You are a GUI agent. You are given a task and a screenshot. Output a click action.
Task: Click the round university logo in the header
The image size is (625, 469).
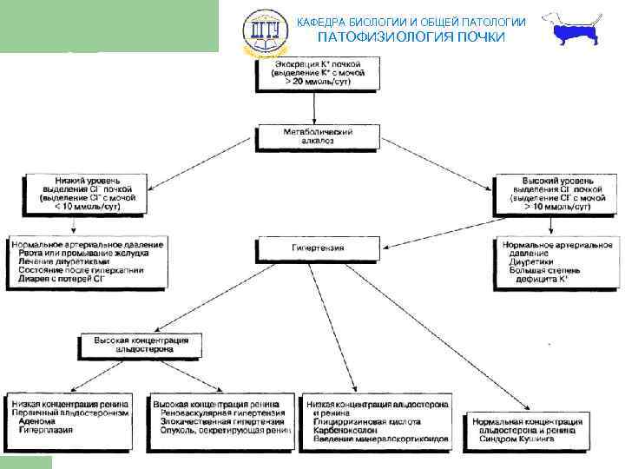pyautogui.click(x=261, y=31)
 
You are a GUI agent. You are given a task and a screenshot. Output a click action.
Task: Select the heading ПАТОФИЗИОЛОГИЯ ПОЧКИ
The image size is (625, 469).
pyautogui.click(x=410, y=37)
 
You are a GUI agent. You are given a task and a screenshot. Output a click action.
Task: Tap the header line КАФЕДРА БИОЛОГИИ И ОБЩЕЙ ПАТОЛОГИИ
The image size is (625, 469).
pyautogui.click(x=411, y=21)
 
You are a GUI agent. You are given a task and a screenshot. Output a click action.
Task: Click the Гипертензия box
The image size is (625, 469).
pyautogui.click(x=317, y=248)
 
